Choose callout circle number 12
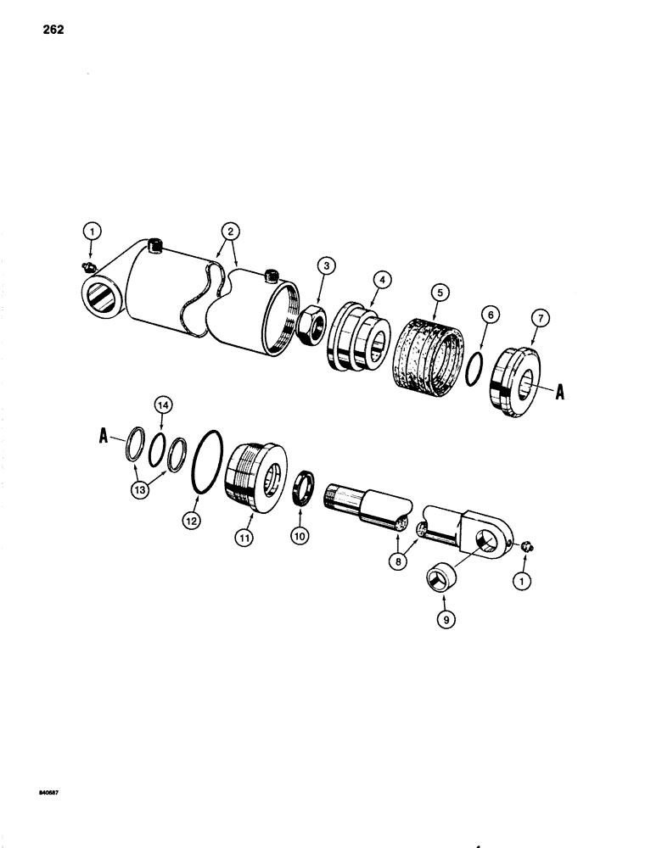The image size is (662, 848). coord(192,522)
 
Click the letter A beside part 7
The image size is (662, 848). coord(561,393)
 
